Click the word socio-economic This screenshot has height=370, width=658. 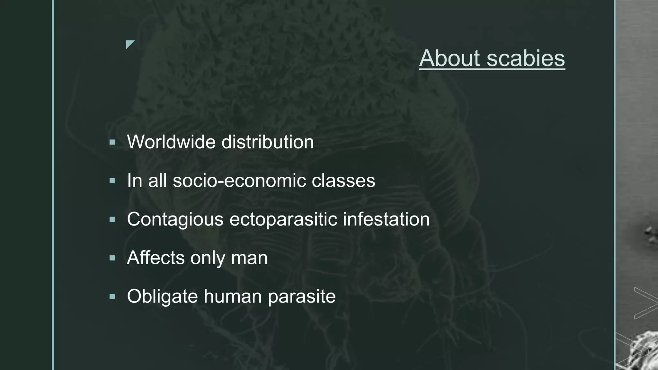(239, 181)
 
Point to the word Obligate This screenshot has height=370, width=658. (162, 296)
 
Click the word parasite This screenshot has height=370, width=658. (302, 297)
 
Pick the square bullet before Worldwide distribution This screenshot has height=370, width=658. (112, 142)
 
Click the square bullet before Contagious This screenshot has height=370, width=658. (112, 219)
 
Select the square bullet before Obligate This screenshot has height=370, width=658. (112, 296)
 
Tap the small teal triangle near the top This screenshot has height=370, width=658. (129, 44)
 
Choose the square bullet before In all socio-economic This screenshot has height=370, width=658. (112, 181)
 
